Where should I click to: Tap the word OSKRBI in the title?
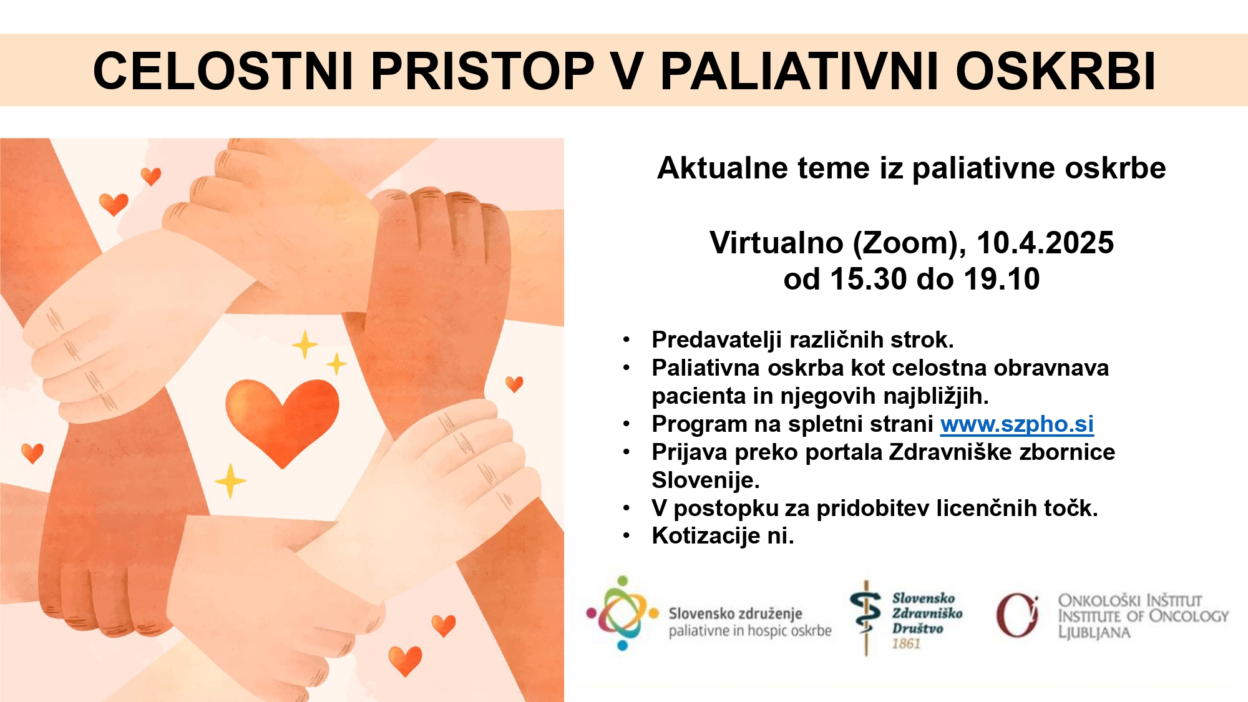coord(1056,70)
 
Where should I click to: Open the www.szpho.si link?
coord(1017,424)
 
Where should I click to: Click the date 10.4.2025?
coord(1045,243)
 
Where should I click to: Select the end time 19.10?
coord(1002,279)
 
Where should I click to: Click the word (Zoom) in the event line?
coord(909,243)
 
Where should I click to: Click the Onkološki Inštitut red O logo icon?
coord(1017,615)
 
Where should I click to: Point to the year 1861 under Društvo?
coord(906,643)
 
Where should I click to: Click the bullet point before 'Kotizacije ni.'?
coord(626,536)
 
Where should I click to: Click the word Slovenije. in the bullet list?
coord(706,480)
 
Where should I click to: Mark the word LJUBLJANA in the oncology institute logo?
coord(1094,632)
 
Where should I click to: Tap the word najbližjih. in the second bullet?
coord(884,396)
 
